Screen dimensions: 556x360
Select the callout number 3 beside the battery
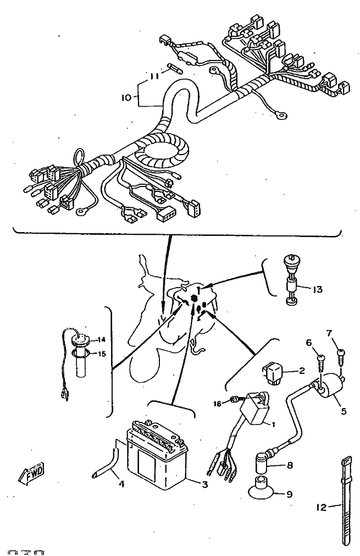point(205,485)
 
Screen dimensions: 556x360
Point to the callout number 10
point(126,98)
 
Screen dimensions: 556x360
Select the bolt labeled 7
point(341,355)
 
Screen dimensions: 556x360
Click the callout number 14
point(101,339)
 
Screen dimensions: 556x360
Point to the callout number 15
point(101,354)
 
